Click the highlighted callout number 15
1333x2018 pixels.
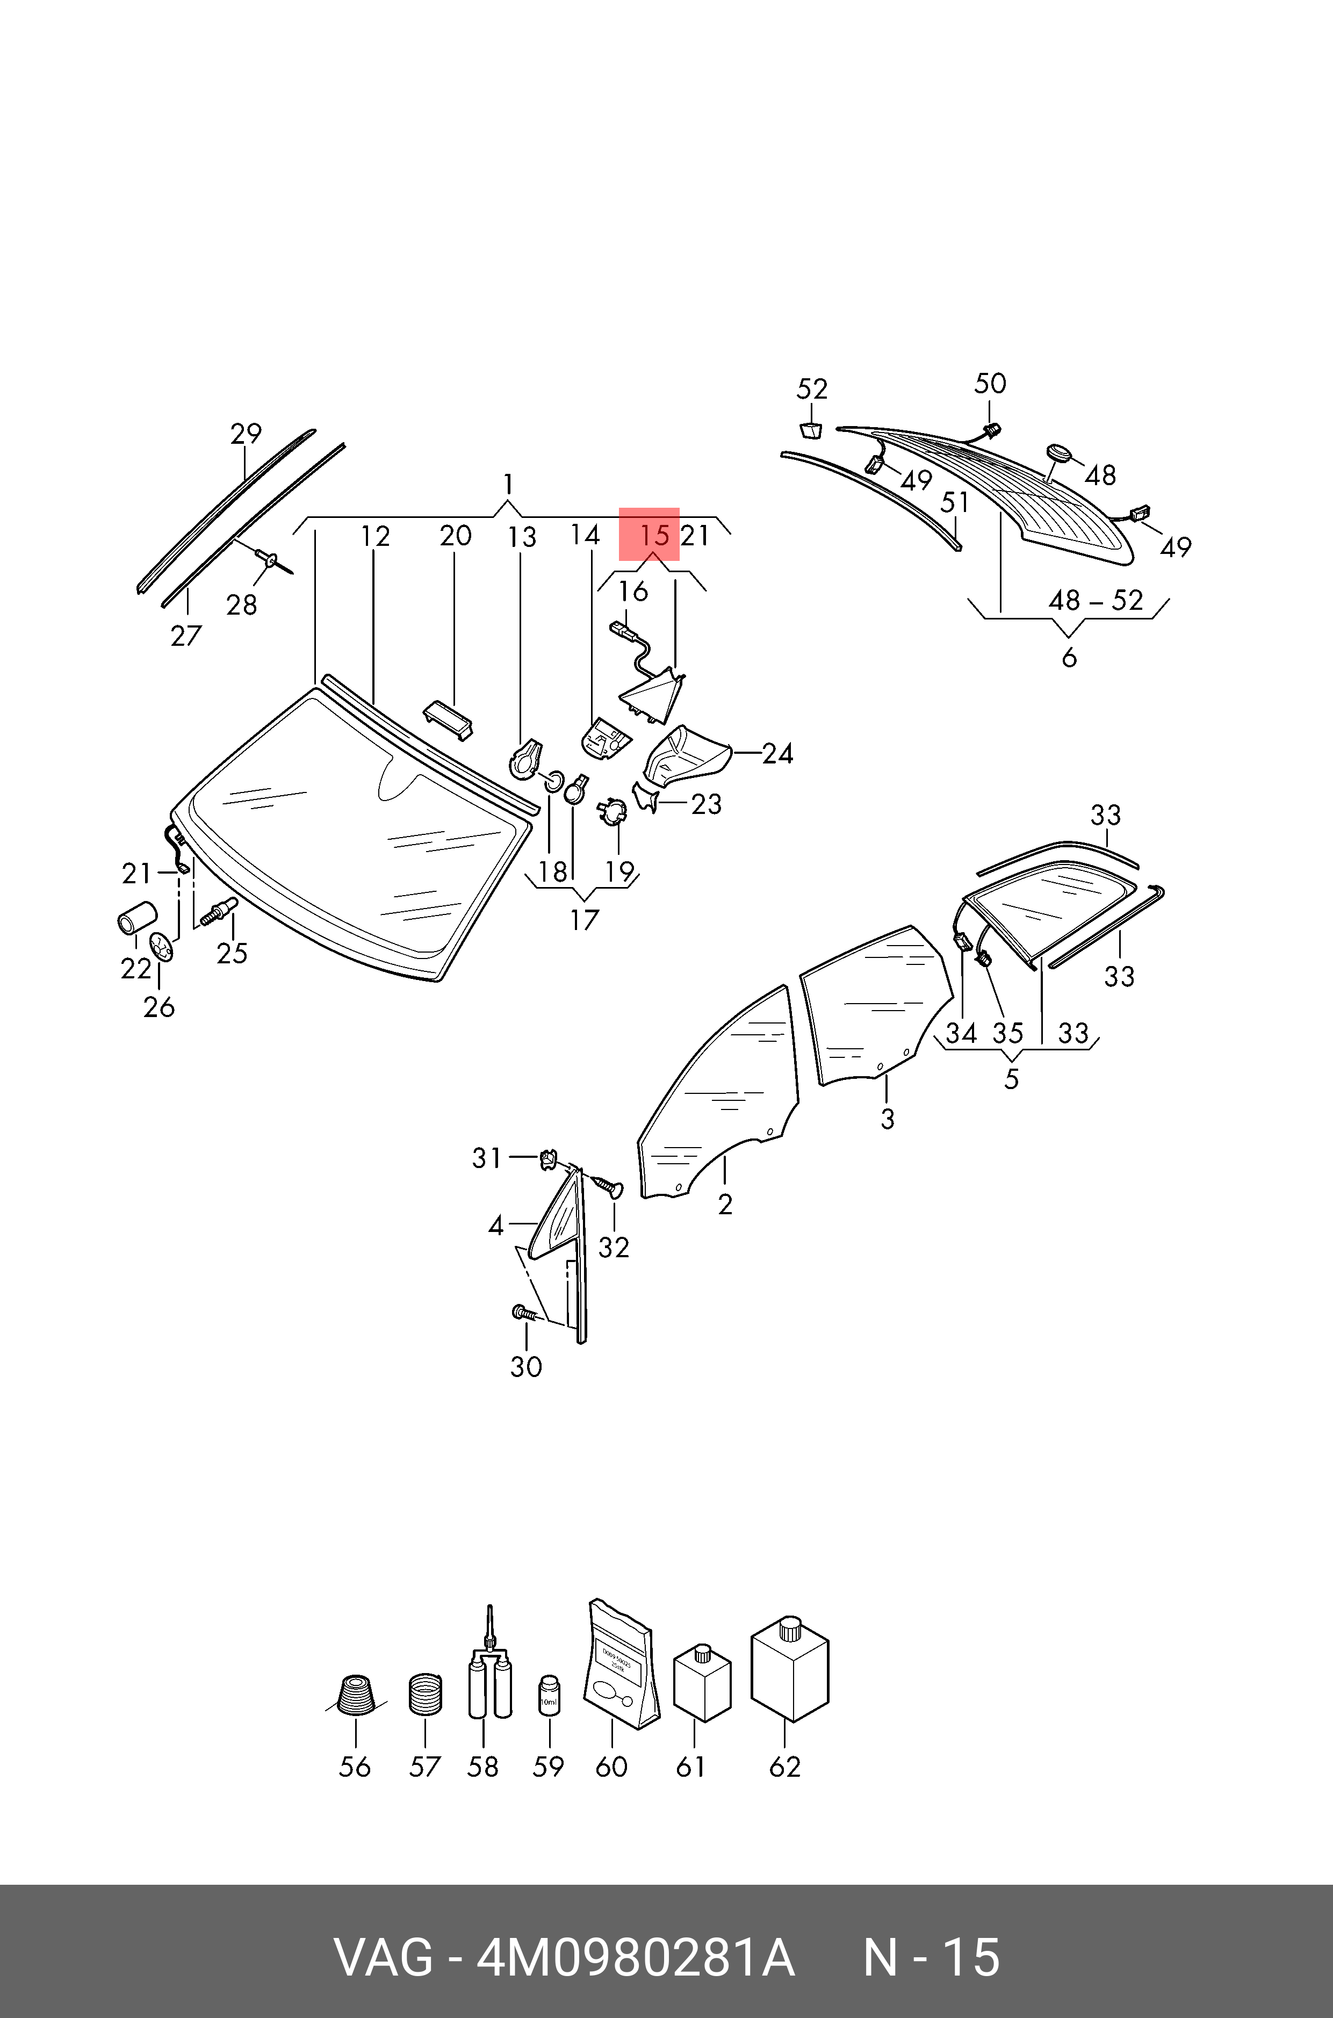tap(654, 536)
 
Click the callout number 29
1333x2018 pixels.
tap(246, 434)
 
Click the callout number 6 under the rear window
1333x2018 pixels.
tap(1069, 657)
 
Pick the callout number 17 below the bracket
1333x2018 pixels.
tap(584, 920)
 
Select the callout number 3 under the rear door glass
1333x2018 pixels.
tap(887, 1119)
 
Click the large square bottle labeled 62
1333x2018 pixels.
tap(789, 1670)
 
